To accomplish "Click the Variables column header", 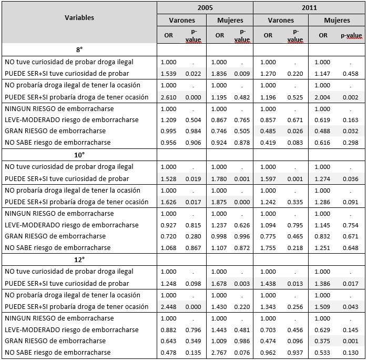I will (79, 17).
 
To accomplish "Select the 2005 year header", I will (205, 8).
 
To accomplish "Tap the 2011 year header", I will (309, 8).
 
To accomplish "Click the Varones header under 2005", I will (181, 21).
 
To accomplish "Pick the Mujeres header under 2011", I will (337, 21).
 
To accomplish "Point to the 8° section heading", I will (79, 49).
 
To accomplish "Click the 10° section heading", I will (79, 155).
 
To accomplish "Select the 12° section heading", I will (79, 260).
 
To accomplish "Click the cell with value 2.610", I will (169, 97).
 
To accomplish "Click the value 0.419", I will (268, 143).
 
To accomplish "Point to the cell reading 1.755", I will (268, 247).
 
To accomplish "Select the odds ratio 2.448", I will (169, 306).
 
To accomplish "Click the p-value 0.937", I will (295, 352).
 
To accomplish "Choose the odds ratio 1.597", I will (268, 178).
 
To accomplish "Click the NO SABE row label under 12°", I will (58, 352).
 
